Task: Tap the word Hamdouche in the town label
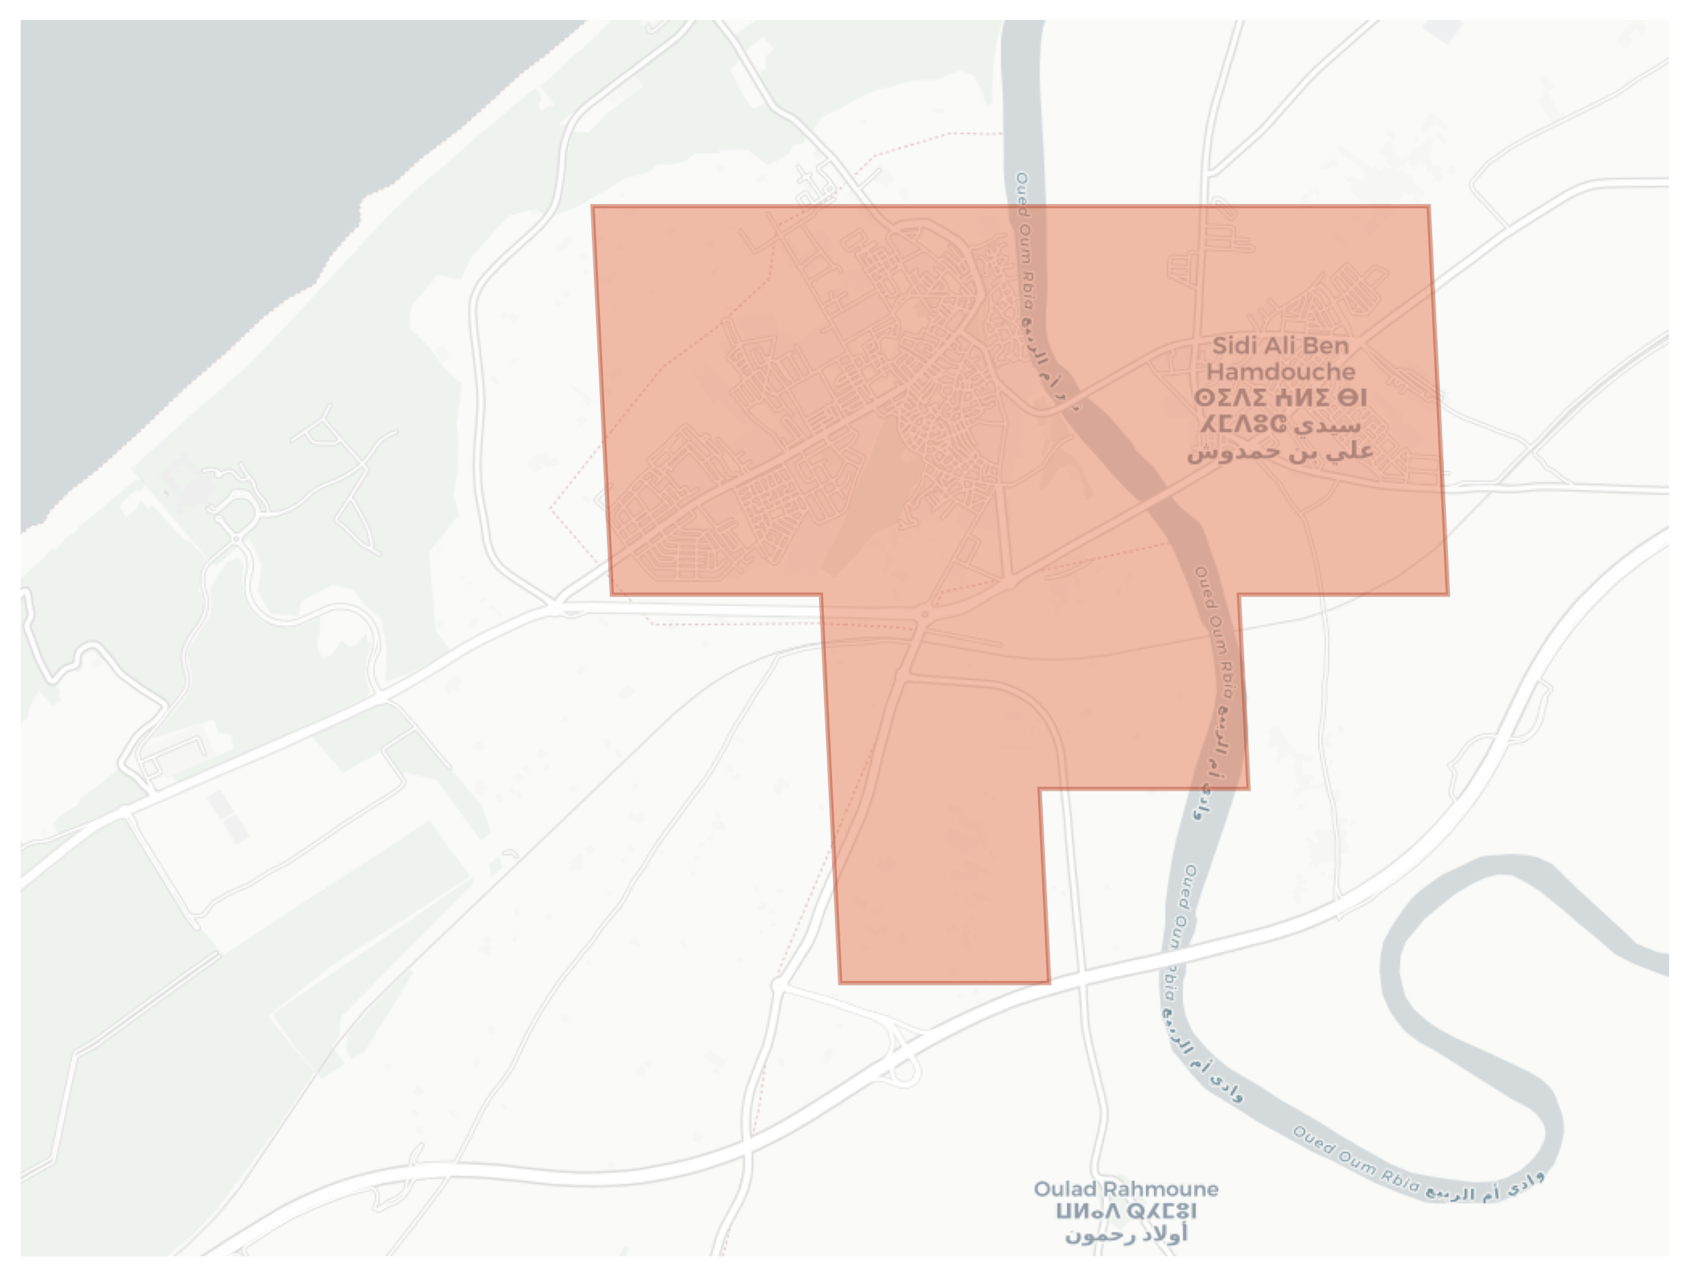click(1280, 372)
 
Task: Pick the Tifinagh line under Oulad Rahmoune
click(1126, 1212)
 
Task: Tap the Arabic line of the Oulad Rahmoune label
click(1126, 1234)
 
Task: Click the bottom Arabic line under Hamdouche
click(1280, 451)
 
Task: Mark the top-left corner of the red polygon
click(593, 206)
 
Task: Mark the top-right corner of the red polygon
click(1428, 206)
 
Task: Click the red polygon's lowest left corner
click(840, 982)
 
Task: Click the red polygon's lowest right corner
click(1048, 982)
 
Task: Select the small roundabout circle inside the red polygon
click(925, 614)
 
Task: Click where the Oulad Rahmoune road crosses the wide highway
click(1081, 972)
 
